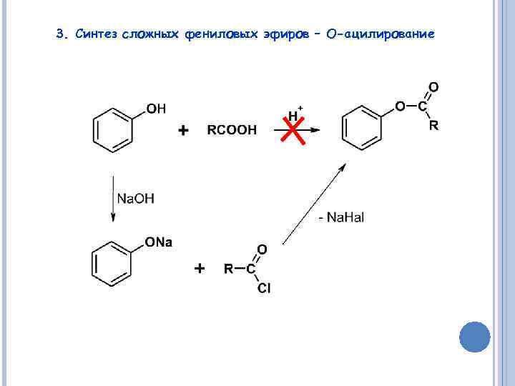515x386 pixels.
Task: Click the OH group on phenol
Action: click(x=156, y=109)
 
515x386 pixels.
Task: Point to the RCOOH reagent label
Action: click(x=232, y=131)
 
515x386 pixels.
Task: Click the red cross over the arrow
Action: click(x=290, y=130)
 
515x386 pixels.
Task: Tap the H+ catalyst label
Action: click(x=294, y=114)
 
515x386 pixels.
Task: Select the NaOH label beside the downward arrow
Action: click(x=135, y=198)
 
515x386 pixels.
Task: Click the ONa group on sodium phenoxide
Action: click(x=159, y=243)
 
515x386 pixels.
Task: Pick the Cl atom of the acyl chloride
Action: click(x=263, y=289)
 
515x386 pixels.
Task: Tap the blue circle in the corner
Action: click(x=474, y=337)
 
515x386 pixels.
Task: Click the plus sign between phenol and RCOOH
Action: click(x=183, y=131)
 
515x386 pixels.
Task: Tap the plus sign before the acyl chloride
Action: click(x=199, y=269)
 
